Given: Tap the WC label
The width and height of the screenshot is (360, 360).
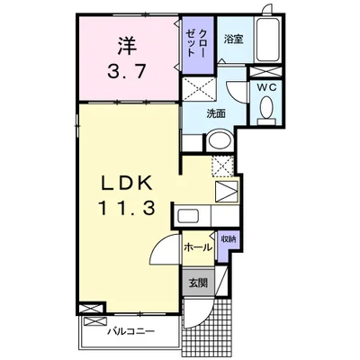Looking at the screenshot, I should pyautogui.click(x=266, y=87).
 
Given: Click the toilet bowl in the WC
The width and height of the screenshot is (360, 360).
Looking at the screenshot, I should pyautogui.click(x=266, y=109).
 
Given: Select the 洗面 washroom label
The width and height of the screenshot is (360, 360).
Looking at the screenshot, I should pyautogui.click(x=216, y=114).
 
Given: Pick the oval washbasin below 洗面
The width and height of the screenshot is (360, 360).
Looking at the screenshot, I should pyautogui.click(x=218, y=142).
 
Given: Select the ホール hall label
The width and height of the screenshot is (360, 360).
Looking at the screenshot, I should pyautogui.click(x=198, y=246).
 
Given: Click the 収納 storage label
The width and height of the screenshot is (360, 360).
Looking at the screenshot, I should pyautogui.click(x=228, y=239).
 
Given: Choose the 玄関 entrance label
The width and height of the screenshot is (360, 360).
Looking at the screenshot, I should pyautogui.click(x=198, y=282).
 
